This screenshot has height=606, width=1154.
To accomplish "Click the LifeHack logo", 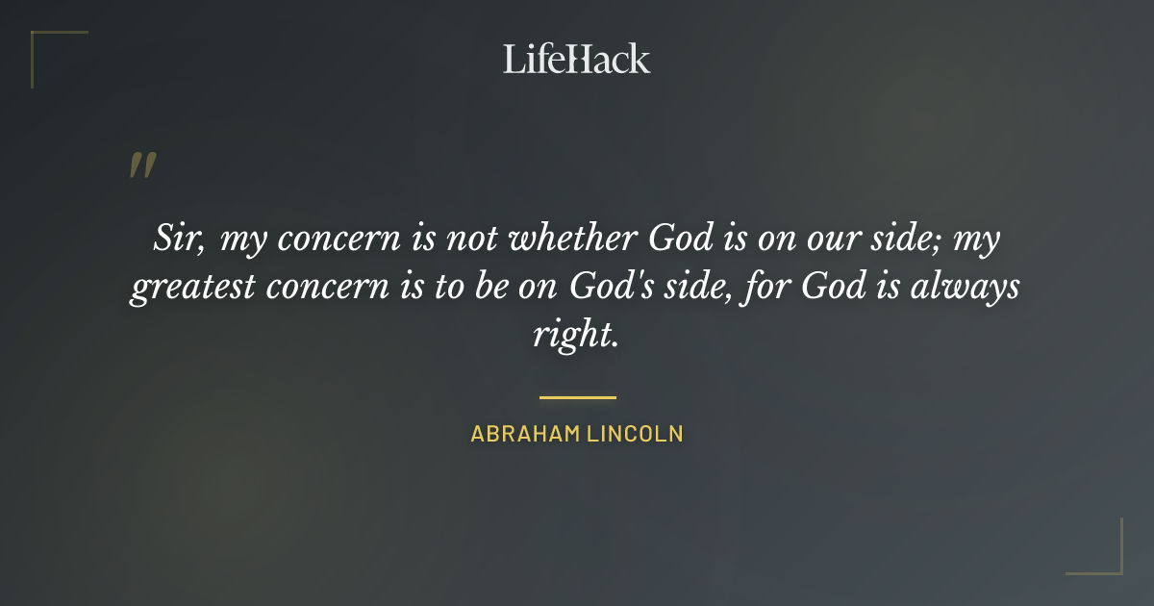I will (x=576, y=59).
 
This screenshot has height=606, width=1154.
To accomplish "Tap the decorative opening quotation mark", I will (x=142, y=165).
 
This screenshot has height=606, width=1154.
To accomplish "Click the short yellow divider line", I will (x=577, y=396).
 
